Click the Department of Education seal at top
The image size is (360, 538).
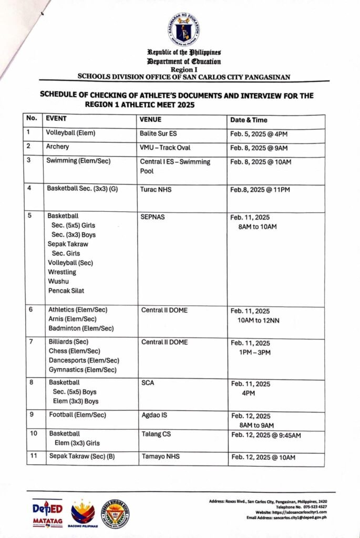[x=184, y=29]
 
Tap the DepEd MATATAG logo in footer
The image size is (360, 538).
[x=47, y=513]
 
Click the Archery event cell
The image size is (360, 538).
[x=57, y=147]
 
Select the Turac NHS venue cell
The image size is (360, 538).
[x=156, y=189]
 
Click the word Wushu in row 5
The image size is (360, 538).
[x=58, y=281]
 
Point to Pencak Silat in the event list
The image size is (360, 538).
[x=66, y=291]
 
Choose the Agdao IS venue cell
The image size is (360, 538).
[x=154, y=415]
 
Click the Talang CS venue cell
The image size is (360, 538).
[x=156, y=434]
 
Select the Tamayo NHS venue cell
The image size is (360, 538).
[x=160, y=457]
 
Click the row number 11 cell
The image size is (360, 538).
[x=34, y=456]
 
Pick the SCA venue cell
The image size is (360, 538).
[x=147, y=382]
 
